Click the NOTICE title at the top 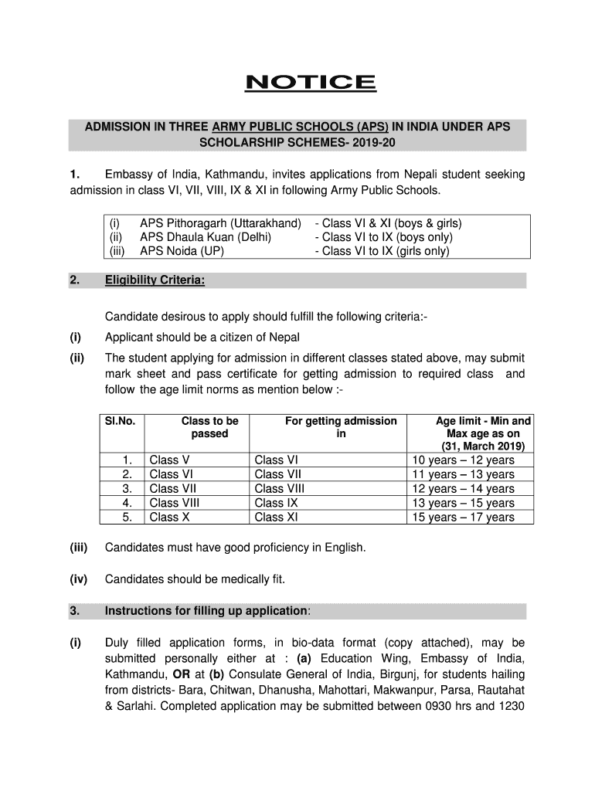pyautogui.click(x=310, y=83)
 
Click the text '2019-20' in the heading pyautogui.click(x=359, y=143)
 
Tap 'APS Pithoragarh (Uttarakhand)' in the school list pyautogui.click(x=219, y=223)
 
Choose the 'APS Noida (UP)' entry pyautogui.click(x=178, y=251)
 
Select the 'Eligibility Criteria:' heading pyautogui.click(x=155, y=280)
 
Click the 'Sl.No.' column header pyautogui.click(x=120, y=421)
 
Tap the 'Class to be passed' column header pyautogui.click(x=209, y=427)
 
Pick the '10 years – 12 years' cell pyautogui.click(x=463, y=460)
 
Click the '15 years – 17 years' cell pyautogui.click(x=463, y=517)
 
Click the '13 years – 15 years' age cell pyautogui.click(x=463, y=503)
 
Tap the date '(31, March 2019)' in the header pyautogui.click(x=483, y=446)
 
